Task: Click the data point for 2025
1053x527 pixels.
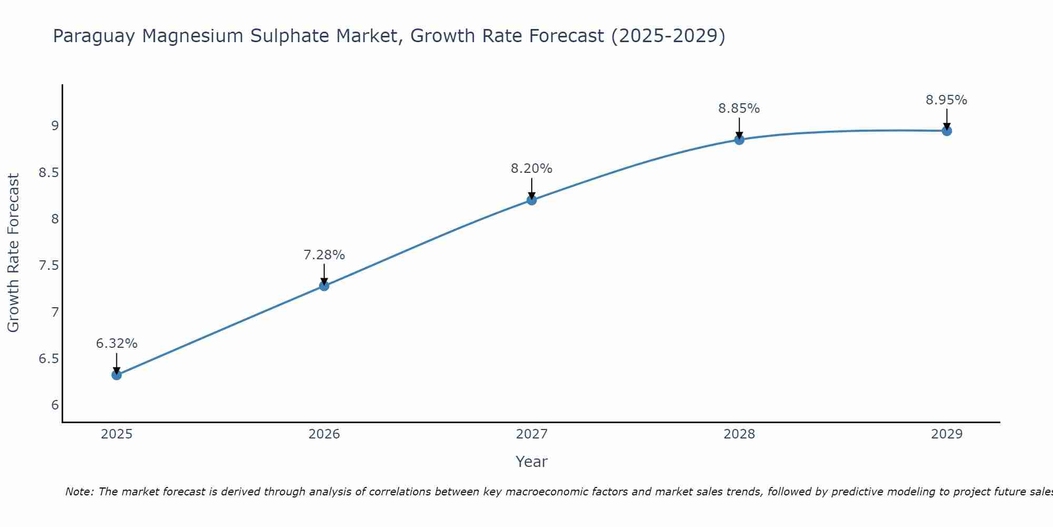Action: pos(116,375)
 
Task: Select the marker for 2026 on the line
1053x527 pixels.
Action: pos(324,286)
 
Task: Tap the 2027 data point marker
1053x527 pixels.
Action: pos(532,200)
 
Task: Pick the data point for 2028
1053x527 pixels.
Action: pos(739,140)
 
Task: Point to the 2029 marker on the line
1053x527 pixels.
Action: pos(947,131)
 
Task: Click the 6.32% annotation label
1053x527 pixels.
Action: pos(116,344)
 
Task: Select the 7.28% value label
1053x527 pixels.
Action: pos(324,255)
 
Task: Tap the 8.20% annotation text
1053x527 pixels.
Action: pos(532,169)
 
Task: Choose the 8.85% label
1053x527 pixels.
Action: pos(739,109)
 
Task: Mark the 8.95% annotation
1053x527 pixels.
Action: pos(947,100)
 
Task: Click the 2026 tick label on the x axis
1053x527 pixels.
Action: pos(324,434)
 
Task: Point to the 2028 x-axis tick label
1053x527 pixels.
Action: pos(739,434)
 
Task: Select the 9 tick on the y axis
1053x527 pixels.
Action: pos(55,125)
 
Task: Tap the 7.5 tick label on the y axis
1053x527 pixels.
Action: pos(49,265)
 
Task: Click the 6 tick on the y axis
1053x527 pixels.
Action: pos(55,405)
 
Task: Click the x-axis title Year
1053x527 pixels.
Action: pos(532,462)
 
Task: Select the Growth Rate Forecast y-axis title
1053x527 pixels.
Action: pos(13,253)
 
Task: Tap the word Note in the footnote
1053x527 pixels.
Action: pos(79,492)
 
